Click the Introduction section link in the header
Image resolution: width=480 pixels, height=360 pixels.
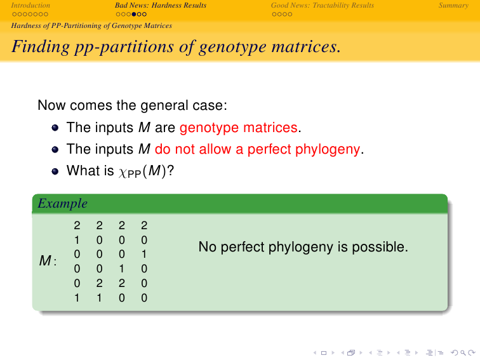point(30,5)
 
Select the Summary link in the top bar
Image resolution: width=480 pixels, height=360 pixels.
point(453,5)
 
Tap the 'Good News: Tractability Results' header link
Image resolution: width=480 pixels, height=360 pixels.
point(323,5)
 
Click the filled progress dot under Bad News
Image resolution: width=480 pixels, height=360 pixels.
point(134,14)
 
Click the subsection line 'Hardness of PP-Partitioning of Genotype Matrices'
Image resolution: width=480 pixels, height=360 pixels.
point(91,25)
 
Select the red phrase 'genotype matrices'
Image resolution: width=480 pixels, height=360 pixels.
point(239,128)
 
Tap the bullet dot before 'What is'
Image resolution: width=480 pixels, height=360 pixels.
point(55,171)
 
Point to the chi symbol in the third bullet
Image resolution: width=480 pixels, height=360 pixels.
point(123,172)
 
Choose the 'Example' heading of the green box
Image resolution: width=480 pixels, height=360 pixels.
point(62,203)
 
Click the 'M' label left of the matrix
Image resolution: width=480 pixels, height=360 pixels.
point(45,261)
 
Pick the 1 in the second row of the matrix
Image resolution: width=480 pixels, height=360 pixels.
point(77,240)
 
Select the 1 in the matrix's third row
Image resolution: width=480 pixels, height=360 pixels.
point(144,255)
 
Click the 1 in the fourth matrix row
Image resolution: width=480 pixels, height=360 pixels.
point(122,269)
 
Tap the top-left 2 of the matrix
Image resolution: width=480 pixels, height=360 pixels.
point(77,225)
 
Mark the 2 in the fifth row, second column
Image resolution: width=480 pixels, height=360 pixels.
point(99,283)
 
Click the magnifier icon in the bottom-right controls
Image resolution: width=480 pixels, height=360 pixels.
point(463,353)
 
